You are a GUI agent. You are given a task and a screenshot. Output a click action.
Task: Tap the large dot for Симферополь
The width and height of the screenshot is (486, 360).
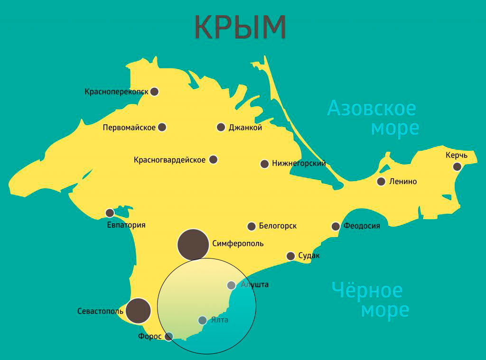tap(193, 245)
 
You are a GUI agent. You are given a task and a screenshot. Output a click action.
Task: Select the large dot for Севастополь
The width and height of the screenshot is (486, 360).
tap(138, 311)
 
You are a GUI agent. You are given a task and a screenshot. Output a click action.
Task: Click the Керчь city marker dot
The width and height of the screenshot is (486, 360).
tap(457, 166)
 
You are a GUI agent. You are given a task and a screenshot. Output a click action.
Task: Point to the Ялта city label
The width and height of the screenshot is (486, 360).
tap(219, 320)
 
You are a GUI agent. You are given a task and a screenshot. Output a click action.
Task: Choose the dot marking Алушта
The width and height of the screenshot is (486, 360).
tap(231, 285)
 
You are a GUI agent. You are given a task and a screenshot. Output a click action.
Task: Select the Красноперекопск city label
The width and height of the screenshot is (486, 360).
tap(116, 92)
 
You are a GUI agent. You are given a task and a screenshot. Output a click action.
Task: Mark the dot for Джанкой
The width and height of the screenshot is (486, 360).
tap(221, 127)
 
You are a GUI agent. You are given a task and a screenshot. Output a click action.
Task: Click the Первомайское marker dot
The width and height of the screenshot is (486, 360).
tap(162, 127)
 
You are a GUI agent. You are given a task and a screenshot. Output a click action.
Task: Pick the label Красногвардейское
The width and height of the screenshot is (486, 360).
tap(169, 160)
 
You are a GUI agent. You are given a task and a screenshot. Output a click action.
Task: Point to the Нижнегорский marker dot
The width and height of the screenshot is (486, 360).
tap(264, 164)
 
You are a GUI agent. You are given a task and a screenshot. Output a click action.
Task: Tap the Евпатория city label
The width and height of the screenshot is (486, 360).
tap(126, 225)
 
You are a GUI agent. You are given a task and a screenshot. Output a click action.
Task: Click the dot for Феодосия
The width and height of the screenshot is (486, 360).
tap(336, 226)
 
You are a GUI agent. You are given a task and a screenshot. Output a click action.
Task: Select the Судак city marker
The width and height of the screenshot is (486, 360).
tap(291, 256)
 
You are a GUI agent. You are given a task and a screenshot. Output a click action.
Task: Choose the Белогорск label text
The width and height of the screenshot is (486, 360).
tap(278, 226)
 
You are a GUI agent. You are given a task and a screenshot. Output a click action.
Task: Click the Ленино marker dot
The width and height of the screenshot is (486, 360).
tap(381, 181)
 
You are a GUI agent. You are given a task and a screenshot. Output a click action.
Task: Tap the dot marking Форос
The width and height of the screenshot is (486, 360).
tap(168, 336)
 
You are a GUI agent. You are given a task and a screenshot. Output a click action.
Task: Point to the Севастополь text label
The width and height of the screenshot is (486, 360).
tap(100, 312)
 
